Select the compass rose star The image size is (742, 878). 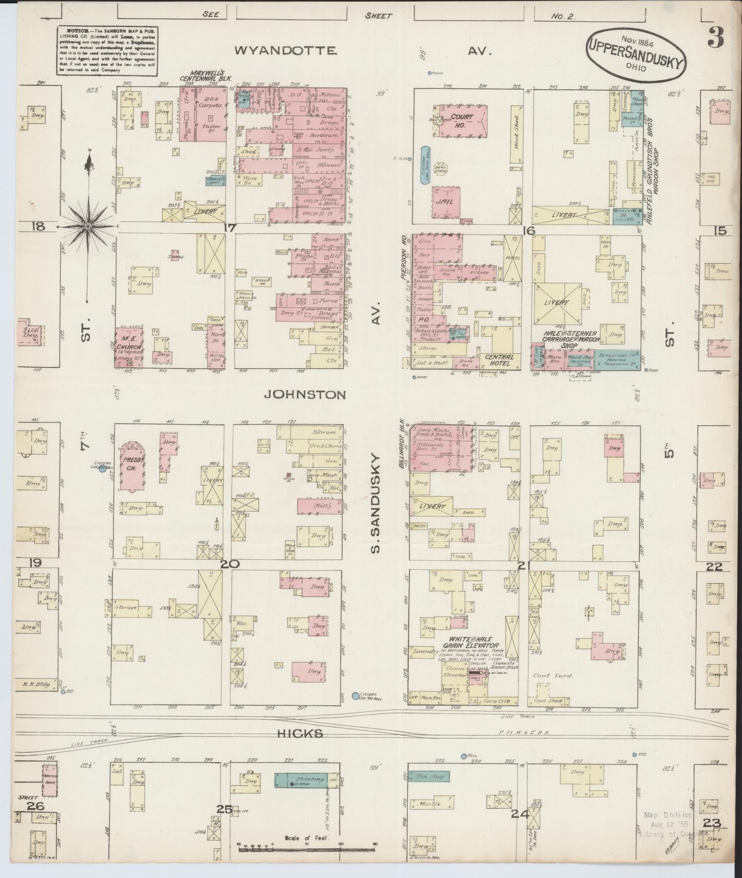(x=88, y=226)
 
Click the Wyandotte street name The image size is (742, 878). (x=286, y=50)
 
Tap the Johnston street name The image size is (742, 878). (x=305, y=394)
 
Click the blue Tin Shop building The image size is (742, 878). (x=430, y=776)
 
